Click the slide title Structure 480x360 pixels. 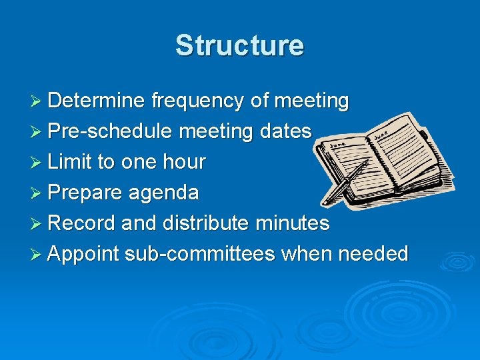tap(239, 45)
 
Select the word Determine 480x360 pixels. tap(96, 101)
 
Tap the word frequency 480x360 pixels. tap(198, 101)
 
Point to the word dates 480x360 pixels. tap(286, 131)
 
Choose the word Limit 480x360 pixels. tap(72, 162)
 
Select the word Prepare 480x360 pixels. tap(85, 193)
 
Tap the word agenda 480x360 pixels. tap(164, 193)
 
